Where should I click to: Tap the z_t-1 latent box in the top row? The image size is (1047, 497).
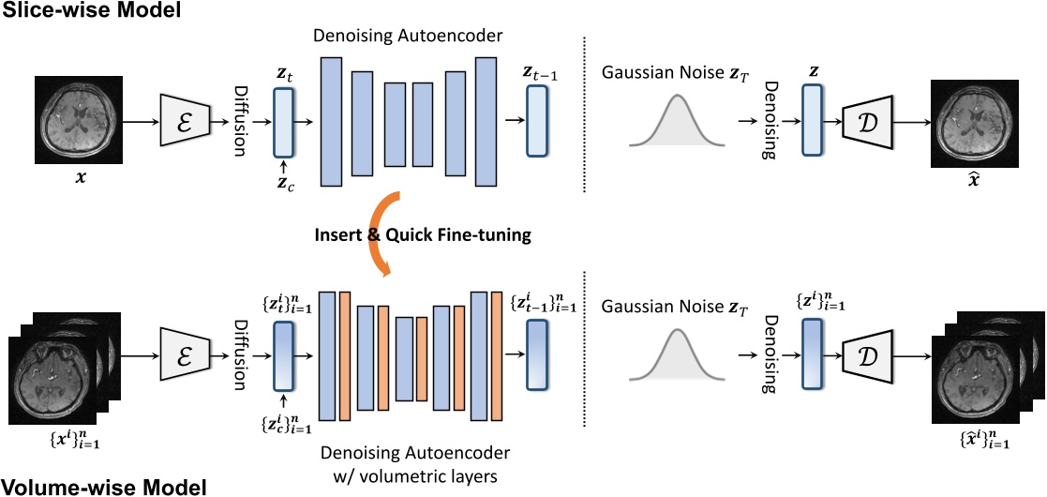point(537,120)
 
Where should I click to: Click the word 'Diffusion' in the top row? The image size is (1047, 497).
point(240,120)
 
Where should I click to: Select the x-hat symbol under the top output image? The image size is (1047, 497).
point(973,177)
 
